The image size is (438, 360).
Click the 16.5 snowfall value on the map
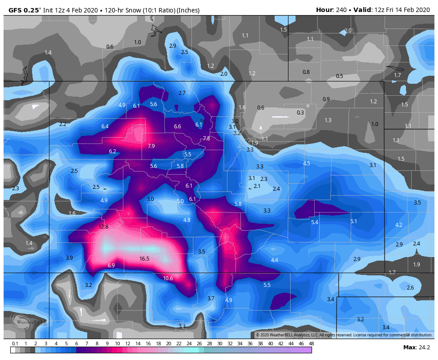(144, 258)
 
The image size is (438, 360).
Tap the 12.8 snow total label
(103, 227)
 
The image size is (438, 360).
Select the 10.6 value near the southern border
(168, 278)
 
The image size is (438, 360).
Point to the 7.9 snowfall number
(151, 146)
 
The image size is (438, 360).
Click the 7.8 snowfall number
(207, 139)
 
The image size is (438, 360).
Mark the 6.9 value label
(111, 266)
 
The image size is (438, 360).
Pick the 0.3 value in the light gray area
(300, 113)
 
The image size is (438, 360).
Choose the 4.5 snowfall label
(307, 164)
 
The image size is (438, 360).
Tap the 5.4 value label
(315, 222)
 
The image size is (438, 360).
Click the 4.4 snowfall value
(275, 260)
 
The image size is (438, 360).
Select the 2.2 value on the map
(63, 124)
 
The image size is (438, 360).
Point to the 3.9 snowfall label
(69, 258)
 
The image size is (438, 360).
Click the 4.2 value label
(399, 225)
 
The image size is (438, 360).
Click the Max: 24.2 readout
(416, 347)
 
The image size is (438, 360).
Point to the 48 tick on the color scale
(311, 344)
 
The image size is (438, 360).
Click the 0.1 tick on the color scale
(15, 344)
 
